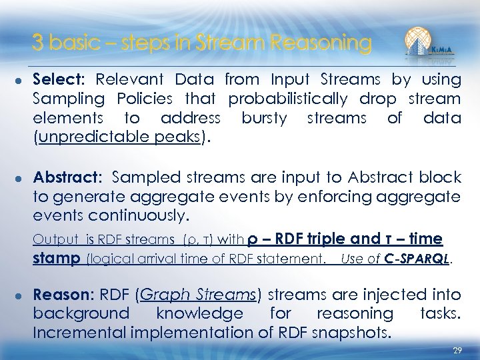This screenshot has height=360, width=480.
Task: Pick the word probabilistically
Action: point(287,99)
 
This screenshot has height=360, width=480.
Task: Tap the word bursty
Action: point(264,119)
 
